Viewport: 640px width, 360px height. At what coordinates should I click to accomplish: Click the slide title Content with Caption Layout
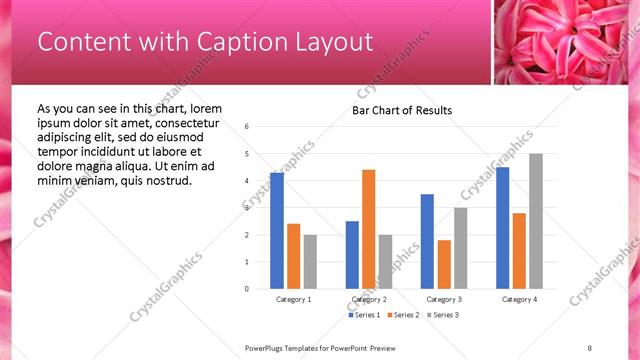coord(205,42)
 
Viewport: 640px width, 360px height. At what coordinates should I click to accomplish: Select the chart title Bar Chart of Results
coord(402,110)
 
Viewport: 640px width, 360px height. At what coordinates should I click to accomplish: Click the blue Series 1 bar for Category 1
coord(277,230)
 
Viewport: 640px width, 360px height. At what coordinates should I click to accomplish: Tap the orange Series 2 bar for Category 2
coord(368,229)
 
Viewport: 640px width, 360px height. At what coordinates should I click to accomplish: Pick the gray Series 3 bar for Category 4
coord(536,221)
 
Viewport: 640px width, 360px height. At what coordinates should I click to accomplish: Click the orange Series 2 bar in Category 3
coord(444,264)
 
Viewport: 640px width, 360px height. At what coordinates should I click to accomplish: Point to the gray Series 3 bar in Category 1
coord(310,261)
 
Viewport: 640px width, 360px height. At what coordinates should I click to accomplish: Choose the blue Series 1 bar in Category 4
coord(502,227)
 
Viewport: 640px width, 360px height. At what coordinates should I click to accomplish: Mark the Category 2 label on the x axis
coord(369,299)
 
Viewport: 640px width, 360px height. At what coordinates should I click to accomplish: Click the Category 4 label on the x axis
coord(519,299)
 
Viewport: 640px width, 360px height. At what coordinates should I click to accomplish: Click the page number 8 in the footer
coord(590,347)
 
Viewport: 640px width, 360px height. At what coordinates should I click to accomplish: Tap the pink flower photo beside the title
coord(566,42)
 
